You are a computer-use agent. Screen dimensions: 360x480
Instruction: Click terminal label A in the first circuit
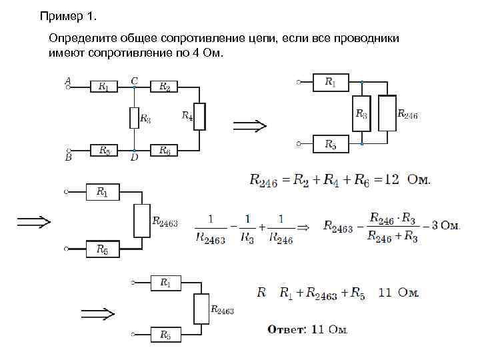67,79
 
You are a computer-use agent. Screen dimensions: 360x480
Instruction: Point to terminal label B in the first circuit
68,159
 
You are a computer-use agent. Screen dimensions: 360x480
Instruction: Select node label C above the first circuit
134,80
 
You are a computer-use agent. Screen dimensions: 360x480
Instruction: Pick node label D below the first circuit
134,158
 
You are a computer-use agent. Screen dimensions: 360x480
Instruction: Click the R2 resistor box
164,86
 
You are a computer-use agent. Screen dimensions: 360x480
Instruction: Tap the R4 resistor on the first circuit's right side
199,117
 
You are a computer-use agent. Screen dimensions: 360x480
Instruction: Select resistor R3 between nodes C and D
134,119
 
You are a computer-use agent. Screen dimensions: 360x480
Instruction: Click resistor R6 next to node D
164,151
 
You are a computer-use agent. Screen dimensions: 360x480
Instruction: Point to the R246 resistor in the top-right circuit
387,113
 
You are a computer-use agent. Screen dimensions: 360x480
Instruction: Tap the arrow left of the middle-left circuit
34,221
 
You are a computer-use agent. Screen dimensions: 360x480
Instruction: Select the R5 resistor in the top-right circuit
331,144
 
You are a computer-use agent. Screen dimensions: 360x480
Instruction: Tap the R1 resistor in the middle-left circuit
102,192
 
